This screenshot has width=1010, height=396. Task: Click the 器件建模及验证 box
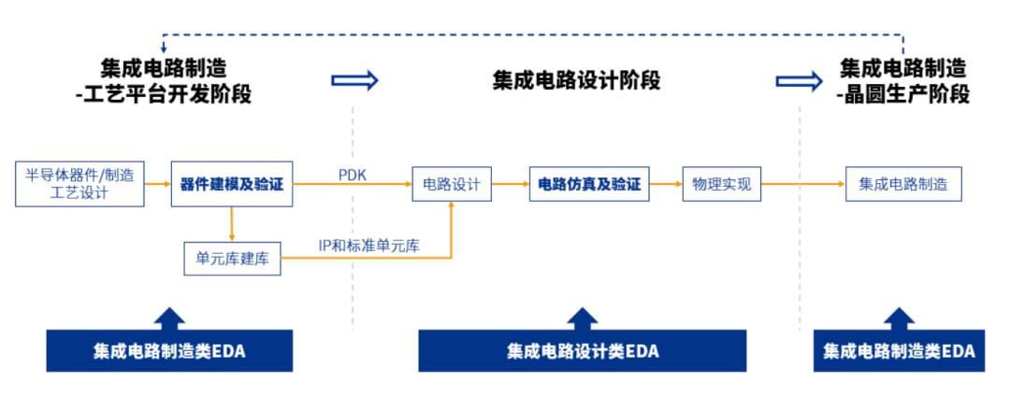[231, 184]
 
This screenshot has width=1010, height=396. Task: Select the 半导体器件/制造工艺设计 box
[79, 184]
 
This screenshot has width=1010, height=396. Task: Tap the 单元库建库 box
[232, 259]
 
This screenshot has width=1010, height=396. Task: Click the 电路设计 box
[452, 184]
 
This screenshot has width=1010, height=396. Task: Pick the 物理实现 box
[722, 184]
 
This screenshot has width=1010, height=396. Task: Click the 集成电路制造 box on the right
[902, 184]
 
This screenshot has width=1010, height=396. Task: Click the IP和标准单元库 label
[368, 246]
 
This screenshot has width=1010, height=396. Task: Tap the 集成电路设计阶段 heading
[577, 80]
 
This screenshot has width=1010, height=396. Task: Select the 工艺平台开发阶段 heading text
[168, 94]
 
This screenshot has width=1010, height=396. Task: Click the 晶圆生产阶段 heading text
[903, 94]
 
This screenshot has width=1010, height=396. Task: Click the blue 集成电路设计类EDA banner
[582, 351]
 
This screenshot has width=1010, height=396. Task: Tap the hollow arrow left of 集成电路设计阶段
[355, 80]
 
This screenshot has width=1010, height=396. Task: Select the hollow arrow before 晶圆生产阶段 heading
[799, 80]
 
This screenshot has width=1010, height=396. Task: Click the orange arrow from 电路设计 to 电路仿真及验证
[511, 184]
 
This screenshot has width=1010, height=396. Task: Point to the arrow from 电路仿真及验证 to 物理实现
[665, 184]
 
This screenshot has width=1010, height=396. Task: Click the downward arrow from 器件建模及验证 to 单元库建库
[231, 223]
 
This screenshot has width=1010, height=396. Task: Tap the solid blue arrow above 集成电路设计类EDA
[582, 318]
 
